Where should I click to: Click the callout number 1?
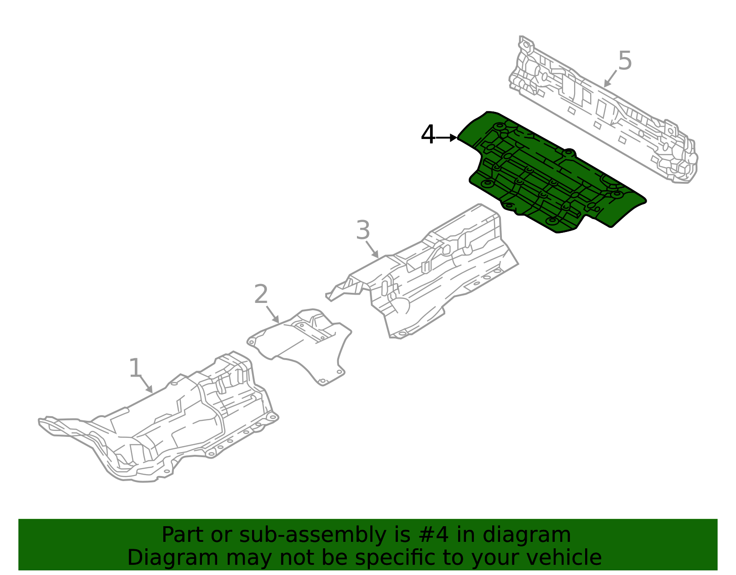pos(135,368)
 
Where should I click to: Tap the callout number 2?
pos(261,294)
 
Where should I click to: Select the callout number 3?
pos(363,230)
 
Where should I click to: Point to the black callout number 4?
pos(428,135)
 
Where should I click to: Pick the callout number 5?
pos(625,61)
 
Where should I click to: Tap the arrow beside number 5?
pos(610,78)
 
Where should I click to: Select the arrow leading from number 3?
pos(373,250)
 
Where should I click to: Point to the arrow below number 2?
pos(273,314)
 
